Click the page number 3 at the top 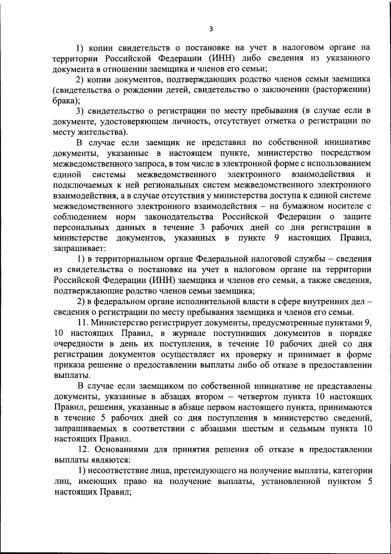(x=211, y=29)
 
